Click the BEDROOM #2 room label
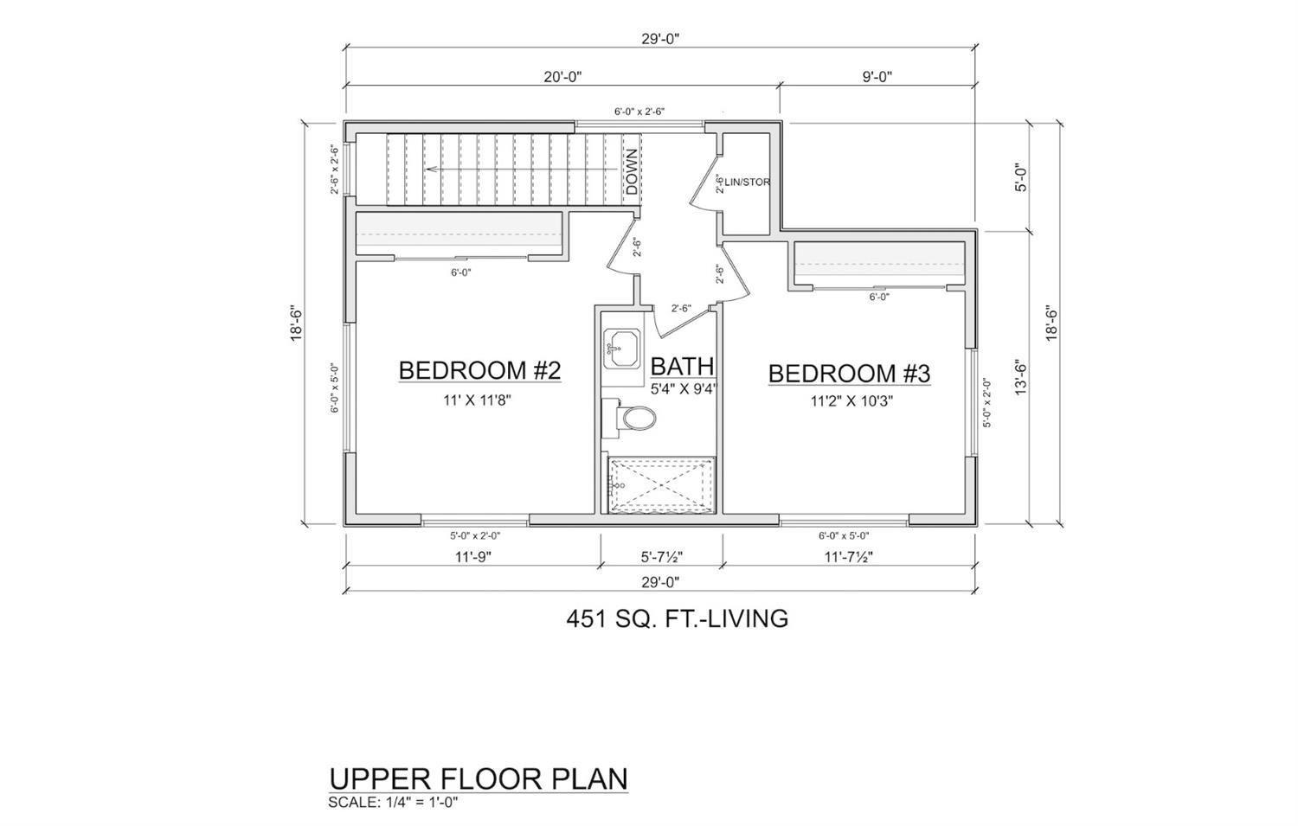[x=479, y=371]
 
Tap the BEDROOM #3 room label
[x=850, y=374]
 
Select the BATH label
[x=682, y=366]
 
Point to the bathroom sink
[x=622, y=348]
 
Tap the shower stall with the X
[x=661, y=485]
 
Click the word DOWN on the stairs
[x=632, y=171]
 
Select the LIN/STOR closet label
[x=747, y=182]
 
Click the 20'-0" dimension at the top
[x=562, y=77]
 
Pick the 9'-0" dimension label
[x=877, y=77]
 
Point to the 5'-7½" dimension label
[x=662, y=557]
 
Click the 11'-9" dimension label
[x=472, y=557]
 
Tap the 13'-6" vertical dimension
[x=1021, y=378]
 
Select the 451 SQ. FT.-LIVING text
[x=678, y=618]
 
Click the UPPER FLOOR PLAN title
[x=479, y=779]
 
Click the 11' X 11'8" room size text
[x=476, y=400]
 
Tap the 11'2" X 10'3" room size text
[x=851, y=400]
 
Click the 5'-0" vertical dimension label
[x=1021, y=176]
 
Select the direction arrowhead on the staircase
[x=429, y=170]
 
